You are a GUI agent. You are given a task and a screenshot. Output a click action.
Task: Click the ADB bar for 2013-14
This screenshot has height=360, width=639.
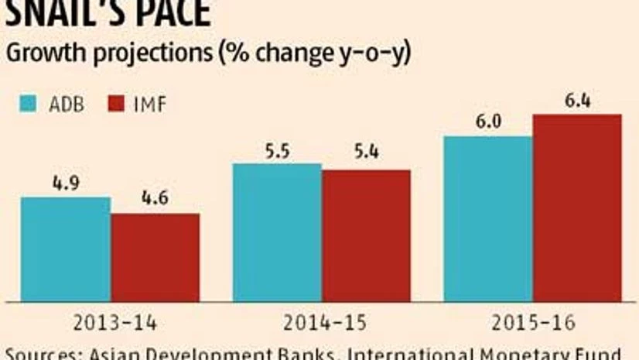pyautogui.click(x=65, y=249)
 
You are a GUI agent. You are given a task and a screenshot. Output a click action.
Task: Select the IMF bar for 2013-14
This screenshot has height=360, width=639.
pyautogui.click(x=155, y=257)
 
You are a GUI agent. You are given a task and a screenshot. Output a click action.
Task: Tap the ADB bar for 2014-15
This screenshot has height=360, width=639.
pyautogui.click(x=277, y=232)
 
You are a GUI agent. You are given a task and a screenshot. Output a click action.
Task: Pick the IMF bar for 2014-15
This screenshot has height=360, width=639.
pyautogui.click(x=366, y=235)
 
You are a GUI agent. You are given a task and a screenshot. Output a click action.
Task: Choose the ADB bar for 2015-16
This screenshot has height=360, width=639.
pyautogui.click(x=487, y=218)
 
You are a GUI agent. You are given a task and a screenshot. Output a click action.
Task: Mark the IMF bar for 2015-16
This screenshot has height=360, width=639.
pyautogui.click(x=576, y=207)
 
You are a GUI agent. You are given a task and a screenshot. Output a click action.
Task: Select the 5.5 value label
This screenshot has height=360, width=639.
pyautogui.click(x=277, y=152)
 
